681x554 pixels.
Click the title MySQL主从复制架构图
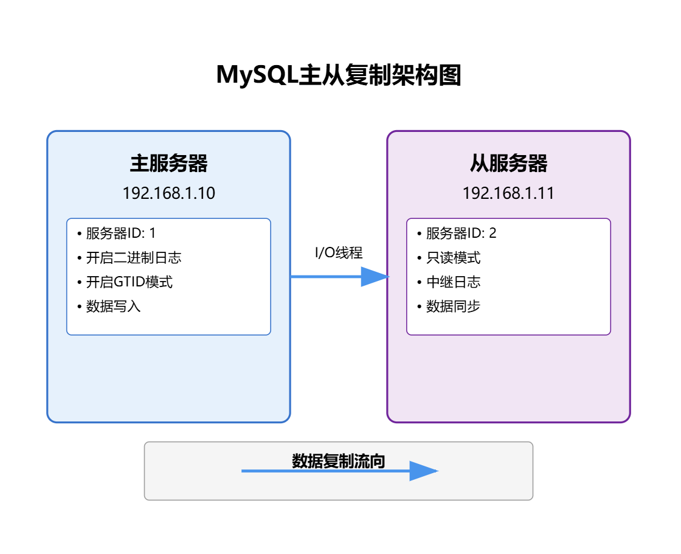tap(339, 75)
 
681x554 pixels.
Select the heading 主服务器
tap(168, 163)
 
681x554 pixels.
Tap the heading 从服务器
tap(508, 163)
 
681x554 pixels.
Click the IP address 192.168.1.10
tap(168, 193)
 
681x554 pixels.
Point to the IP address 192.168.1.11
tap(508, 193)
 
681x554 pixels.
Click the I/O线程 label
tap(339, 253)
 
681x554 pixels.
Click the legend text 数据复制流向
tap(339, 461)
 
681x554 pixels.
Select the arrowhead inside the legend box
tap(423, 471)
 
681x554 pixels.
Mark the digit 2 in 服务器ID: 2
tap(493, 234)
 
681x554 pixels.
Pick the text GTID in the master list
tap(127, 282)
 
